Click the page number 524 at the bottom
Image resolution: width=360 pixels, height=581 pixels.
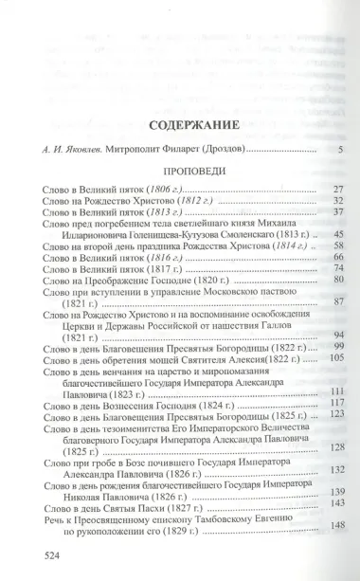click(41, 557)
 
